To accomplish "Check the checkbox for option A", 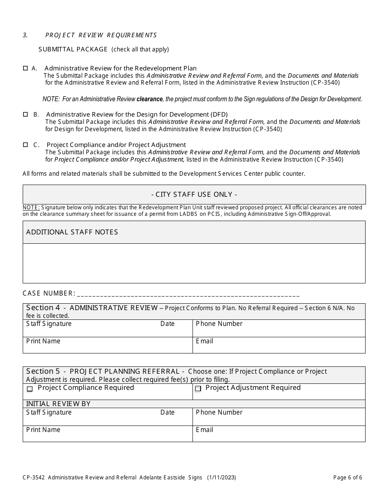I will click(26, 68).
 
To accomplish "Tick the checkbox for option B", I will click(26, 115).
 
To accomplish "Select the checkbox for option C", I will click(26, 145).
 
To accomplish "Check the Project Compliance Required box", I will click(30, 389).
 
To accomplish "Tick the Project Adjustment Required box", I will click(198, 389).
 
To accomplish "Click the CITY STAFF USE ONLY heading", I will click(194, 194).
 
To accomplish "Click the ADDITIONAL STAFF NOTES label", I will click(72, 232).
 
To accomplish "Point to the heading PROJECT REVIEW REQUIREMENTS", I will click(101, 35).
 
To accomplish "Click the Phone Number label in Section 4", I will click(219, 323).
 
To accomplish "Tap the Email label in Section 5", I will click(204, 430).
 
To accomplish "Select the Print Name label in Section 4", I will click(43, 341).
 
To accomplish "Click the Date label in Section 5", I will click(167, 412).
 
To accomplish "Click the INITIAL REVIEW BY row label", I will click(58, 404).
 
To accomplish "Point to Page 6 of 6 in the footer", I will click(347, 477).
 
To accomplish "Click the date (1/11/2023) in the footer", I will click(221, 477).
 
